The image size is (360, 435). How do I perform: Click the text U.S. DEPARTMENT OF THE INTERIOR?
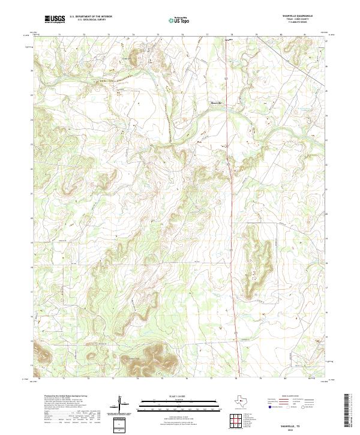tap(91, 17)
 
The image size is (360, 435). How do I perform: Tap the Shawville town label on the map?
tap(214, 103)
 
